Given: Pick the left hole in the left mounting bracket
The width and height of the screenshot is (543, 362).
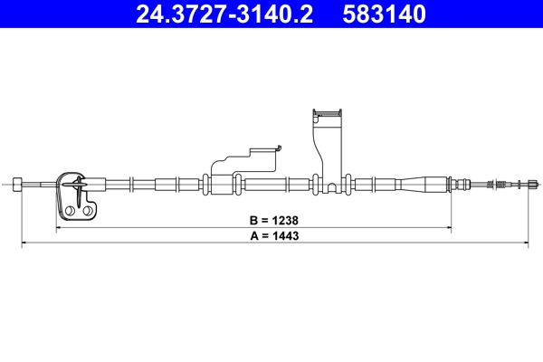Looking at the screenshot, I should (69, 211).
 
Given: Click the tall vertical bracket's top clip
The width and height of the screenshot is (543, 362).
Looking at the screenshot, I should (326, 115).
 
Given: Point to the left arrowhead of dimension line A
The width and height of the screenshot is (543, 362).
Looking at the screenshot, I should (23, 243).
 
